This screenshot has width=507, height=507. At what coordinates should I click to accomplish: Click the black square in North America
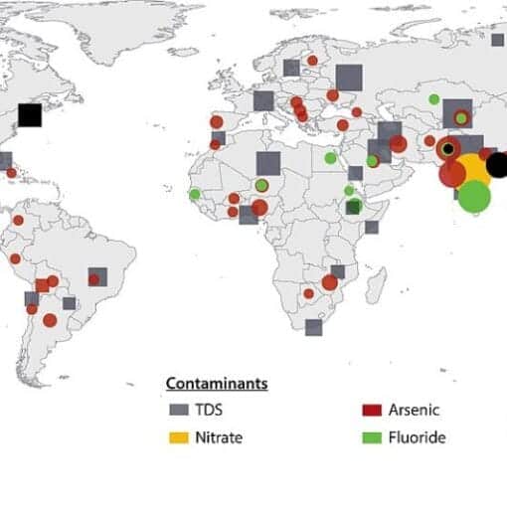click(30, 114)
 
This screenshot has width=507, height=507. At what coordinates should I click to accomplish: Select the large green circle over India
click(475, 197)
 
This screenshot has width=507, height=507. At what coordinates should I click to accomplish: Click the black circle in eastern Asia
click(497, 165)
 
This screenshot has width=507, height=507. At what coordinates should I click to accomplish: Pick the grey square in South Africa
click(314, 327)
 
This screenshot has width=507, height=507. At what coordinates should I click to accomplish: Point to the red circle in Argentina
click(50, 320)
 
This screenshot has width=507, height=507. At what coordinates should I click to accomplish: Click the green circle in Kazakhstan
click(434, 99)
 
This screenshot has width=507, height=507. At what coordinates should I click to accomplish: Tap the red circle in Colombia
click(17, 220)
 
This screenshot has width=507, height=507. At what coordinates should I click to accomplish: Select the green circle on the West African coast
click(195, 193)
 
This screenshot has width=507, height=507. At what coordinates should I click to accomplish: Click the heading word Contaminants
click(217, 383)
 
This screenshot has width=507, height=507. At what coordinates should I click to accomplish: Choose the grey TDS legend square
click(179, 410)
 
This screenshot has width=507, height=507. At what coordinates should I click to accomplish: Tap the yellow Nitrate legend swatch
click(179, 436)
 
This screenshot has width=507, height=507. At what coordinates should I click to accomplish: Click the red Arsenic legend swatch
click(372, 410)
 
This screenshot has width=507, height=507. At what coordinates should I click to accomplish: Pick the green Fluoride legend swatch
click(372, 436)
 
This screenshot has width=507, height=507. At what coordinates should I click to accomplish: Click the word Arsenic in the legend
click(414, 410)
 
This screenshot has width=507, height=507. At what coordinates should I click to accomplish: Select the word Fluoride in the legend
click(419, 436)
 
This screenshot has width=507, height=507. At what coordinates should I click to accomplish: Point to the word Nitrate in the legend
click(219, 436)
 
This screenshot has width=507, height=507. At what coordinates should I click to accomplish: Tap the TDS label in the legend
click(211, 410)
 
